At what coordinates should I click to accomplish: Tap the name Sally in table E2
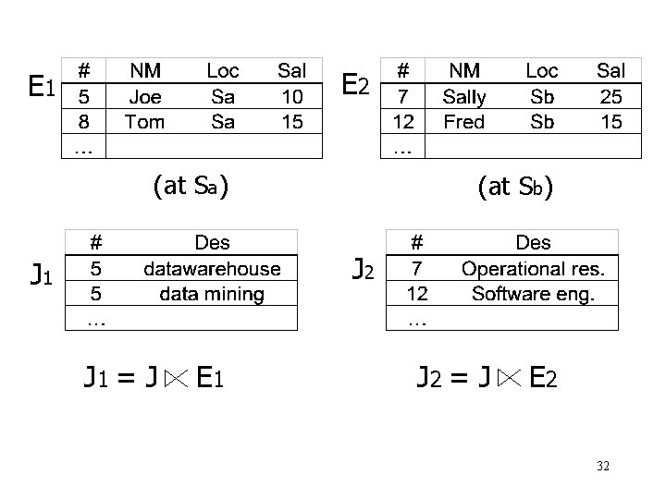tap(463, 96)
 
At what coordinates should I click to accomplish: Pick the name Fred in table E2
tap(463, 121)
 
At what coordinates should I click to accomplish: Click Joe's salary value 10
tap(291, 96)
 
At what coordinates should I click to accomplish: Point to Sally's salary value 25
tap(610, 96)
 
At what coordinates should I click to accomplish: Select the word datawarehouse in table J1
tap(212, 269)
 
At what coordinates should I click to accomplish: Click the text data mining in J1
tap(212, 295)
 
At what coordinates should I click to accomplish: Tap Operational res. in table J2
tap(533, 269)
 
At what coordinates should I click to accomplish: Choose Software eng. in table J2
tap(533, 295)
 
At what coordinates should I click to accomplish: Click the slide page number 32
tap(602, 468)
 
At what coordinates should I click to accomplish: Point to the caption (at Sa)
tap(190, 187)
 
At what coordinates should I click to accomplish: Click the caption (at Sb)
tap(515, 188)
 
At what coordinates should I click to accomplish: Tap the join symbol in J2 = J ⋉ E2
tap(509, 377)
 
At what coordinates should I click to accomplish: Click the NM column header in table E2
tap(463, 70)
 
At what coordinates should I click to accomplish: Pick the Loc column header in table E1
tap(223, 70)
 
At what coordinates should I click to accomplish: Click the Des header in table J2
tap(533, 243)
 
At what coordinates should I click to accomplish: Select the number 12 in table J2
tap(417, 295)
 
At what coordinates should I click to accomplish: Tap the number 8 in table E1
tap(84, 121)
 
